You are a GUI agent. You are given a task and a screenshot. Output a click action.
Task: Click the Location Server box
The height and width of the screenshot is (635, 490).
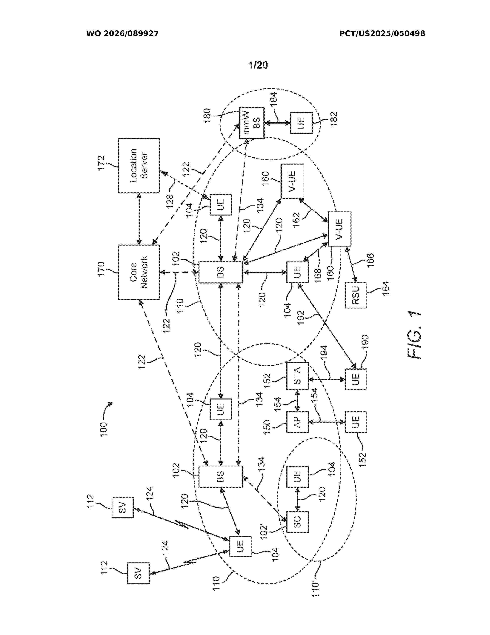click(139, 165)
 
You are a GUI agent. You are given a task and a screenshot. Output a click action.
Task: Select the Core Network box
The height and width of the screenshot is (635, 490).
click(139, 272)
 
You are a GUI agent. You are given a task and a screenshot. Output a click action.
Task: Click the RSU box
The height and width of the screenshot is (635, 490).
click(356, 295)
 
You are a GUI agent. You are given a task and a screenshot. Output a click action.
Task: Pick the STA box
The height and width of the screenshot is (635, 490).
click(297, 376)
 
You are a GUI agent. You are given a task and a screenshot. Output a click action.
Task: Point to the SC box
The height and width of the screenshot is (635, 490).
click(297, 522)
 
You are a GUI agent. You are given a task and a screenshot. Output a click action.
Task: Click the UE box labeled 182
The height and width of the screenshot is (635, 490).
click(301, 123)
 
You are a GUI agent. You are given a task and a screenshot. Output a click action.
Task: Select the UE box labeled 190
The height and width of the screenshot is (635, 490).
click(356, 379)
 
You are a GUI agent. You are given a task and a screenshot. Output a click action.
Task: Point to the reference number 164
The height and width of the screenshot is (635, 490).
click(385, 289)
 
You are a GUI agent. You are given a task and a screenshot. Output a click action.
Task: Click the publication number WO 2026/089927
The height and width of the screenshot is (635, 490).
click(123, 34)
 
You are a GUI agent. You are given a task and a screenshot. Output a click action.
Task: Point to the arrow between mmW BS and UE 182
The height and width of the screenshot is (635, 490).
click(277, 123)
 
